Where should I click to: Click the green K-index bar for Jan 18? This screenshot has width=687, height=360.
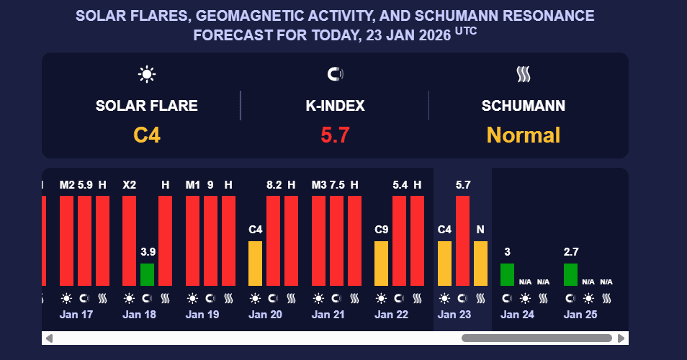coord(147,274)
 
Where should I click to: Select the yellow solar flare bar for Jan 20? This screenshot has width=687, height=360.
coord(255,264)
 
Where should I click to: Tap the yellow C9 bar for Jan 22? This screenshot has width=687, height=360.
coord(381,264)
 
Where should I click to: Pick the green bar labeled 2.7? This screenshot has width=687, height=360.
coord(570,274)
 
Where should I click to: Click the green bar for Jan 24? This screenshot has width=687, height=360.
coord(507,274)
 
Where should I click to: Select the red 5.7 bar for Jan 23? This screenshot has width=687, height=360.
coord(462,240)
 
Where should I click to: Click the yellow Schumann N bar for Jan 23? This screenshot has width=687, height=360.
coord(480,264)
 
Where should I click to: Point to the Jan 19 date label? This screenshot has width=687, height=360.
coord(202,315)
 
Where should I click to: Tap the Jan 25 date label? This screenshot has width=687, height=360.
coord(580,315)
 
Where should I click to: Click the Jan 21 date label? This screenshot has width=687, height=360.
coord(328,315)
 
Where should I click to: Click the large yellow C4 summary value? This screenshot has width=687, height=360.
coord(146,135)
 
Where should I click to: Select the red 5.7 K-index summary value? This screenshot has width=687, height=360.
coord(335,135)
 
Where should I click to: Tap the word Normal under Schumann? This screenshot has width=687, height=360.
coord(523,135)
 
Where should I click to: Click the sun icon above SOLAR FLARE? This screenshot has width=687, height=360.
coord(147,73)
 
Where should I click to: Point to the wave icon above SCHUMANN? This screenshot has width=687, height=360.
coord(523,73)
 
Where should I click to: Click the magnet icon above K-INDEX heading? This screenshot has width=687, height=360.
coord(335,73)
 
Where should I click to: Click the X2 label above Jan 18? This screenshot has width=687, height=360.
coord(129,185)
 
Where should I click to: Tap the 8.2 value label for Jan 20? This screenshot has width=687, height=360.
coord(274,185)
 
